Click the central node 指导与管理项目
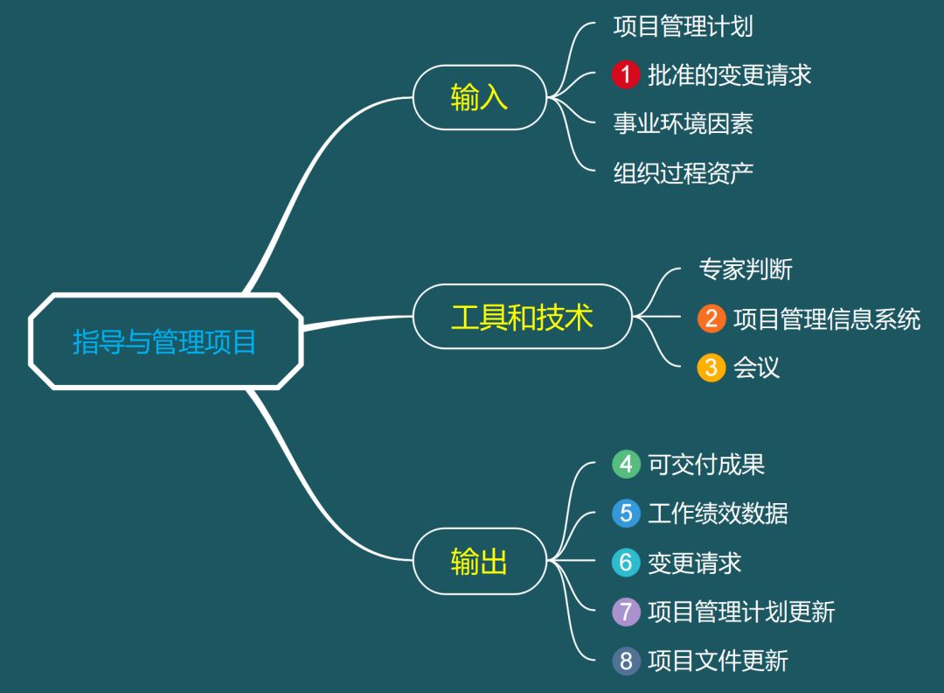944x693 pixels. (x=165, y=341)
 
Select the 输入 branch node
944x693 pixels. (x=479, y=97)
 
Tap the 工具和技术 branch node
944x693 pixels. (x=522, y=317)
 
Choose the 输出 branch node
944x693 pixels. (x=479, y=561)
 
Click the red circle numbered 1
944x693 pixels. (x=626, y=75)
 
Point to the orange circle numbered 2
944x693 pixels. (x=711, y=318)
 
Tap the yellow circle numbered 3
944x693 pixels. (x=711, y=367)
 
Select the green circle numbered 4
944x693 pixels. (x=626, y=464)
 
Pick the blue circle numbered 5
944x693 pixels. (x=626, y=513)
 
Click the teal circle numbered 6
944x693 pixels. (x=626, y=562)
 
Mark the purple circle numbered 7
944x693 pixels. (x=626, y=611)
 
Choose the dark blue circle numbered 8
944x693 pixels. (x=626, y=660)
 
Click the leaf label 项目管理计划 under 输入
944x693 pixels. (x=683, y=26)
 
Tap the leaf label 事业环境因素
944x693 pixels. (x=683, y=123)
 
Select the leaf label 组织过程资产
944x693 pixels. (x=683, y=172)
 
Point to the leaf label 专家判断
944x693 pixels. (x=746, y=269)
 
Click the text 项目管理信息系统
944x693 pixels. (x=827, y=318)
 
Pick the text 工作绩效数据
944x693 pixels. (x=718, y=513)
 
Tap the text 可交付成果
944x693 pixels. (x=706, y=464)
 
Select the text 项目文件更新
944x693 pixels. (x=718, y=660)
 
